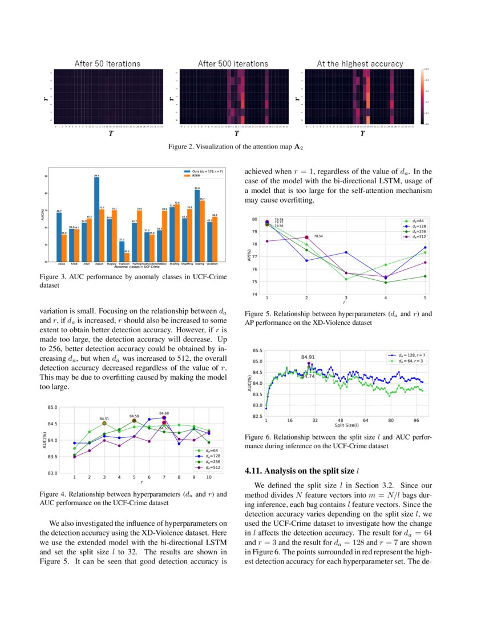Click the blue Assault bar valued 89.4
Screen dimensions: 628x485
(96, 220)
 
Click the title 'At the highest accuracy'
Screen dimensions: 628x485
(359, 63)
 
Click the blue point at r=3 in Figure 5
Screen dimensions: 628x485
(346, 252)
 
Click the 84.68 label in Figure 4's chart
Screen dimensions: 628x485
(164, 413)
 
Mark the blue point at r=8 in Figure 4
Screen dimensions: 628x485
(179, 444)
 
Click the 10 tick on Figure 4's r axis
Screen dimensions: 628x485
(209, 477)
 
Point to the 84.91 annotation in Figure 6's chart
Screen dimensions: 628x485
(308, 357)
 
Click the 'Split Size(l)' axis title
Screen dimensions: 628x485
(346, 425)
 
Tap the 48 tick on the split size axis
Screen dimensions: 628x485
(340, 421)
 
